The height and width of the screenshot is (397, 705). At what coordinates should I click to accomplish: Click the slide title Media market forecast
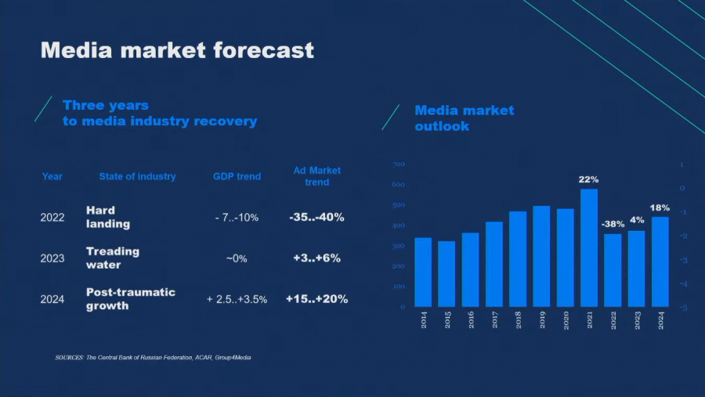click(x=177, y=50)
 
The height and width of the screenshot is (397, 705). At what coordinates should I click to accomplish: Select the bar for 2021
click(x=588, y=247)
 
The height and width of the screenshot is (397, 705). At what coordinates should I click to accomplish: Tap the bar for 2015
click(x=446, y=274)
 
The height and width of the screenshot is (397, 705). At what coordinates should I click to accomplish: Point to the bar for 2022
click(x=613, y=270)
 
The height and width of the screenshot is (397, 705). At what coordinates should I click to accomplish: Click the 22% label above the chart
click(x=588, y=179)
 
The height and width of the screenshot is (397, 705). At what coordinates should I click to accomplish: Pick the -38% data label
click(x=613, y=224)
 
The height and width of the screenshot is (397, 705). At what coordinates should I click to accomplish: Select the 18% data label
click(x=660, y=208)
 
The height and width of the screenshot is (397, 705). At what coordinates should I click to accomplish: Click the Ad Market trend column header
click(x=317, y=176)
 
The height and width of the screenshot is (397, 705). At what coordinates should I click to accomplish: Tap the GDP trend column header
click(x=237, y=176)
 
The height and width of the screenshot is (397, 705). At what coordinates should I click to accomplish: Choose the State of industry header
click(x=137, y=176)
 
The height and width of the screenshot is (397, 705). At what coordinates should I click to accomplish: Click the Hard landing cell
click(x=108, y=217)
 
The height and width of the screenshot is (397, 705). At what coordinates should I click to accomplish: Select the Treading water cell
click(x=113, y=258)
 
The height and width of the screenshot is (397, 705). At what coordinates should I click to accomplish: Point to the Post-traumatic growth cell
click(x=130, y=298)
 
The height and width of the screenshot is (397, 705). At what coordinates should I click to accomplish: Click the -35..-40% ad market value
click(x=316, y=217)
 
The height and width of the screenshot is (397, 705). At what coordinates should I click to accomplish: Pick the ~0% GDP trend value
click(x=236, y=258)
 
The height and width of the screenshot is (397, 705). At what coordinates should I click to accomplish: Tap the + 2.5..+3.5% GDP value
click(x=237, y=299)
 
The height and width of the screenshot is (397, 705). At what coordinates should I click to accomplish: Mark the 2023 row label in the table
click(x=52, y=258)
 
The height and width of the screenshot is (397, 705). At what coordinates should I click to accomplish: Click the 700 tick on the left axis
click(x=398, y=164)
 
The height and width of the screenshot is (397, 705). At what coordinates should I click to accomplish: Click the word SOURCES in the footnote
click(x=69, y=357)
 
